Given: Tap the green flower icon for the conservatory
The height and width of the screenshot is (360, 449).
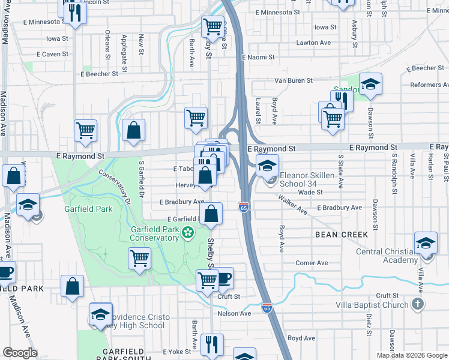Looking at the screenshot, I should [x=188, y=232].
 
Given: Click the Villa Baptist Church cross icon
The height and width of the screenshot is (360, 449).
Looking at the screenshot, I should [x=418, y=304].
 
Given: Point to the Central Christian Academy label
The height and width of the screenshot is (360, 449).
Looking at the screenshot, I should [x=387, y=256].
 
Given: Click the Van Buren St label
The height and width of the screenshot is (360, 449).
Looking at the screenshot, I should [x=294, y=80].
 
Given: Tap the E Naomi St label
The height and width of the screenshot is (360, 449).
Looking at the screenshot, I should [x=258, y=58].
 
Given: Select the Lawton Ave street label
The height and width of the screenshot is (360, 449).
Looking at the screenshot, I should [x=313, y=43].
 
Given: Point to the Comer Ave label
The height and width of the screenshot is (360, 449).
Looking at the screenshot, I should [x=312, y=263].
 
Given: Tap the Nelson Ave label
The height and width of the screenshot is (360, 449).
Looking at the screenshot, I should [x=234, y=313].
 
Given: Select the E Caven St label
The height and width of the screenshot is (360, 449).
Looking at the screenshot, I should [x=53, y=54].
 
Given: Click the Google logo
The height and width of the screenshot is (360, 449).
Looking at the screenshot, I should [x=20, y=353].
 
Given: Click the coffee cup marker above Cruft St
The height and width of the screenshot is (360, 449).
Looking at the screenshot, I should [x=223, y=278].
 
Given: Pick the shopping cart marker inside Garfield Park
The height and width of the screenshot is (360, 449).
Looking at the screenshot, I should [x=139, y=259].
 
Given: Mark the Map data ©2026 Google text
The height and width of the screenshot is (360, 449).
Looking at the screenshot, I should [x=412, y=355].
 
